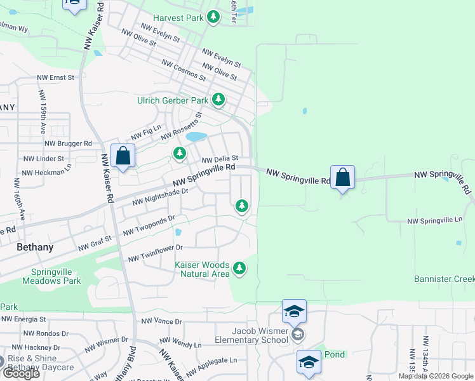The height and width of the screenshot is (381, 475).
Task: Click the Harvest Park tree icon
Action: (214, 18)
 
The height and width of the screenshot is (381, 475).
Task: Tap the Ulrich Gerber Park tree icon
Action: (218, 100)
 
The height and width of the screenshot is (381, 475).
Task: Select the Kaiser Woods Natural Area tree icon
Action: (239, 269)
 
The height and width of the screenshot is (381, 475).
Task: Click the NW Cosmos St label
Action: (184, 70)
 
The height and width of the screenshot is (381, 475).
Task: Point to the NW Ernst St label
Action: (56, 77)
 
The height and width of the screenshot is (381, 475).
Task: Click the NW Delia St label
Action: (220, 159)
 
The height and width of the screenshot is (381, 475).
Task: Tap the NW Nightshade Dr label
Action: (161, 196)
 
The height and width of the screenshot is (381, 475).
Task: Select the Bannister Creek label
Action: (444, 279)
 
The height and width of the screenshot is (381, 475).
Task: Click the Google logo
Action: (20, 373)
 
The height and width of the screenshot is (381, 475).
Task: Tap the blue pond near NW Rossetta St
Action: (196, 137)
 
